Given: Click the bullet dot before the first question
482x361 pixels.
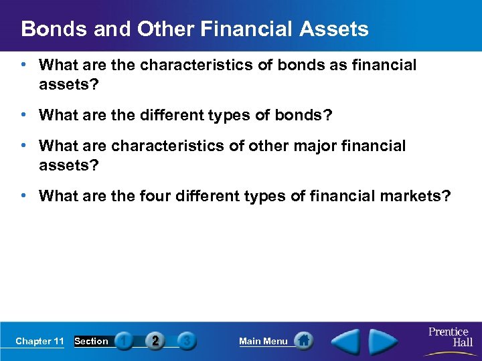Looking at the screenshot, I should [x=24, y=65].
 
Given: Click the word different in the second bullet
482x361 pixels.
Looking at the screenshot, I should [x=169, y=115].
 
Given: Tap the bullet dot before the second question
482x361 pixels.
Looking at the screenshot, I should [x=24, y=115].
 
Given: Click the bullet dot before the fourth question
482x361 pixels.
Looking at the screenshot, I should [x=24, y=196].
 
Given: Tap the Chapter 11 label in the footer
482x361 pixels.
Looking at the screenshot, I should [x=39, y=341].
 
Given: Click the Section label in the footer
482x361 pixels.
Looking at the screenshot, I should [x=91, y=341].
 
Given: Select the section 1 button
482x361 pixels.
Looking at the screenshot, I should [x=124, y=341].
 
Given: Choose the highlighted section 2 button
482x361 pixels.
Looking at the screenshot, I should [x=155, y=341].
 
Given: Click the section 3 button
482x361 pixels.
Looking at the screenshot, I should [x=187, y=341].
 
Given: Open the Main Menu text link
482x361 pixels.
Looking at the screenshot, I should [x=263, y=341].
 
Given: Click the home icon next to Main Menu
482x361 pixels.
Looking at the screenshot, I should [x=303, y=341].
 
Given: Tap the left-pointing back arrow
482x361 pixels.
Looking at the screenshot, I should [x=347, y=340].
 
